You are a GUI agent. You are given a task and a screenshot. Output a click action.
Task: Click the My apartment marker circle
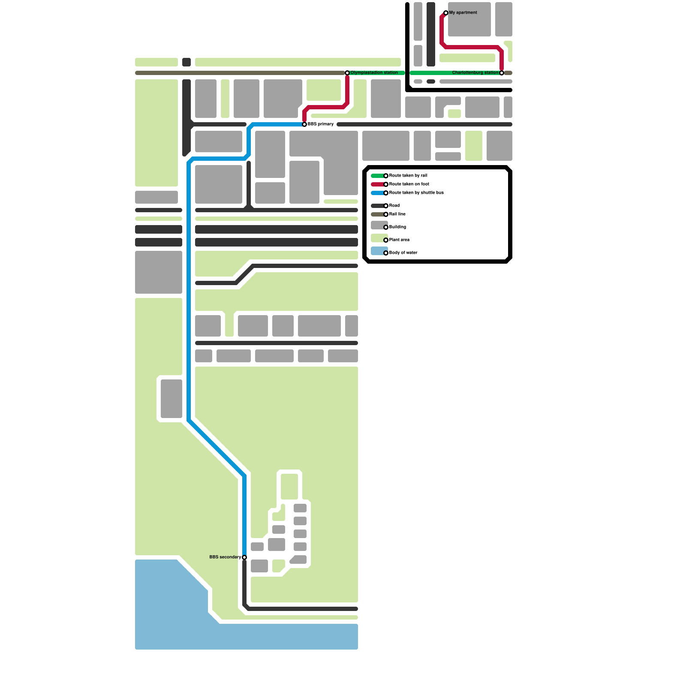click(446, 13)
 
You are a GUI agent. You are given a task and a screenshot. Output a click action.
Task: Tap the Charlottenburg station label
click(475, 73)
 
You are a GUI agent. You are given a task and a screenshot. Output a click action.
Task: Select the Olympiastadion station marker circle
click(347, 73)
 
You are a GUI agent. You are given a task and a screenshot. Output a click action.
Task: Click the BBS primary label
click(321, 124)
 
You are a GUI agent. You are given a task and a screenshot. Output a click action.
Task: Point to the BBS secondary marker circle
click(244, 557)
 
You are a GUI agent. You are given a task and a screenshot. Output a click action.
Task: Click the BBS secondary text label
click(225, 557)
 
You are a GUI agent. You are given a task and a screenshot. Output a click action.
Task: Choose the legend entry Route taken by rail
click(408, 176)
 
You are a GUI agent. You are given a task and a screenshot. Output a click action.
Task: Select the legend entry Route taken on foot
click(409, 184)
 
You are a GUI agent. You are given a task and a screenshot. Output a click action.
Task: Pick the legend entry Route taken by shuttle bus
click(416, 193)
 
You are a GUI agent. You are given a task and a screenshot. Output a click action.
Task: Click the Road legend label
click(394, 206)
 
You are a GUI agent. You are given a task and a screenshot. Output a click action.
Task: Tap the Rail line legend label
click(397, 214)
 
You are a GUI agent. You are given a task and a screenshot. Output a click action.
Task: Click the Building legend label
click(397, 227)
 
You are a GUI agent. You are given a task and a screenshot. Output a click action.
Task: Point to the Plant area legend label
click(399, 240)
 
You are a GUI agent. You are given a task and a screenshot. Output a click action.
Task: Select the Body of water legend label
click(403, 253)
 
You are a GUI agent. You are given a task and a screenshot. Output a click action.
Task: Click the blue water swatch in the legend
click(379, 251)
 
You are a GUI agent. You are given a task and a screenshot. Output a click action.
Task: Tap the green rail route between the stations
click(429, 73)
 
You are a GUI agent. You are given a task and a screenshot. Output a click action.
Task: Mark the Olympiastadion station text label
click(374, 73)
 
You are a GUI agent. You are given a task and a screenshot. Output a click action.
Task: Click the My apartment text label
click(463, 13)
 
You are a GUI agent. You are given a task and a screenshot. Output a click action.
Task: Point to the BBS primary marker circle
click(304, 124)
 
